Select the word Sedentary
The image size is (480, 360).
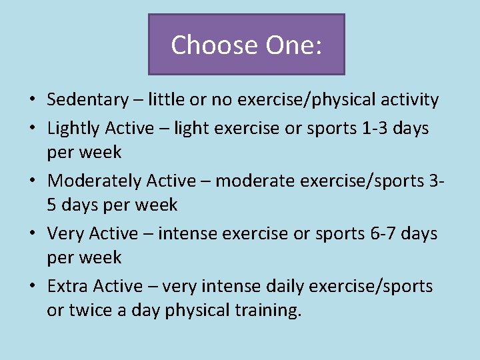coord(87,101)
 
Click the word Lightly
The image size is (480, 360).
coord(73,128)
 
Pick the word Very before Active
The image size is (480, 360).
coord(65,234)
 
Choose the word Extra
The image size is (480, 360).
coord(68,287)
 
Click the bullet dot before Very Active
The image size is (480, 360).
coord(32,235)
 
